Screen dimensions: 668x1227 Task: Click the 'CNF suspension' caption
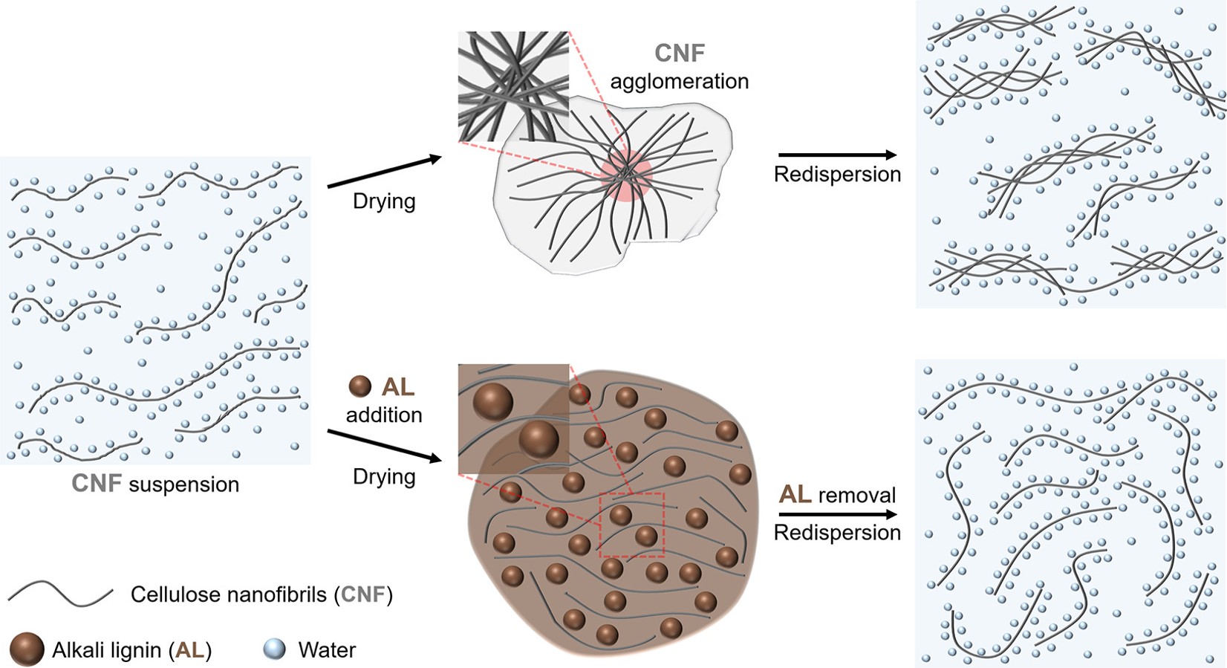[x=155, y=484]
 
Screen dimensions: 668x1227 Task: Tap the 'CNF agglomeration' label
[x=679, y=67]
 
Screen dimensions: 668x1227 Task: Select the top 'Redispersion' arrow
[x=837, y=155]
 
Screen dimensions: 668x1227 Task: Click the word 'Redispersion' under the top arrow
[x=837, y=175]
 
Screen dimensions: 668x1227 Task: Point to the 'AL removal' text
[x=837, y=495]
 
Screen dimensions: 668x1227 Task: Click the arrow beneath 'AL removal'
[x=837, y=514]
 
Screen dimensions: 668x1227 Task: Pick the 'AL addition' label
[x=384, y=401]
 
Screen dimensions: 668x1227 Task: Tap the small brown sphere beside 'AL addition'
[x=360, y=386]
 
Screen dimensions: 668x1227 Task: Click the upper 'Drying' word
[x=384, y=201]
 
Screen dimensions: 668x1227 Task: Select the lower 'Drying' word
[x=384, y=476]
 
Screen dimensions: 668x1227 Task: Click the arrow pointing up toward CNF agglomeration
[x=384, y=172]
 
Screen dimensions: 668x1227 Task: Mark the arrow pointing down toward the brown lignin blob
[x=384, y=446]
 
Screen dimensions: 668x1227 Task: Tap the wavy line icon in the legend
[x=61, y=594]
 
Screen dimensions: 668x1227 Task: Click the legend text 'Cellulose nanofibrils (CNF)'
[x=261, y=594]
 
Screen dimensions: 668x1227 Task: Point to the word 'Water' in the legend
[x=327, y=650]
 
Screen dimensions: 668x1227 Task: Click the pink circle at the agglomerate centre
[x=626, y=174]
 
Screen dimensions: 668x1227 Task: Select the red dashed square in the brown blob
[x=632, y=525]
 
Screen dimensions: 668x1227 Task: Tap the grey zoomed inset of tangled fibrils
[x=513, y=86]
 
